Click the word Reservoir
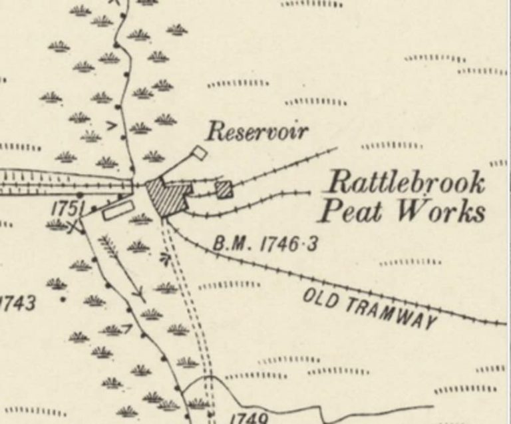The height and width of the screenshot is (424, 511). click(x=256, y=131)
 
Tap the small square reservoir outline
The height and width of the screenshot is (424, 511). click(x=198, y=153)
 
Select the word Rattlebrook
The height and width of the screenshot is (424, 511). click(x=408, y=183)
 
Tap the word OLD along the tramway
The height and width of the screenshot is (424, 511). click(x=323, y=298)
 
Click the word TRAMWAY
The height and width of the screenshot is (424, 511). click(x=392, y=312)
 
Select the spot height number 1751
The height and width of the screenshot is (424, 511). click(x=65, y=209)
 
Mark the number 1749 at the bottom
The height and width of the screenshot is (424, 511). click(x=248, y=419)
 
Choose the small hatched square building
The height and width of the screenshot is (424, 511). click(x=225, y=190)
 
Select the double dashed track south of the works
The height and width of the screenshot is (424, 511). click(x=190, y=300)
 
